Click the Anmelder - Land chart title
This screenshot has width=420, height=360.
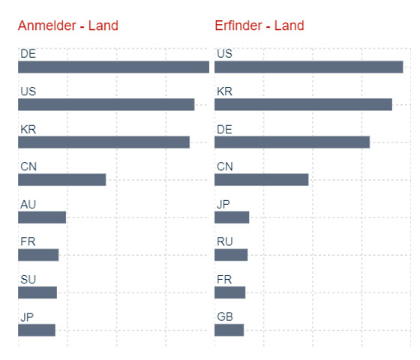click(68, 25)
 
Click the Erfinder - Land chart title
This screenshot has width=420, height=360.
click(259, 25)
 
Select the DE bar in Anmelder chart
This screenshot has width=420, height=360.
click(113, 67)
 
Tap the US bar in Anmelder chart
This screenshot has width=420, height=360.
click(106, 104)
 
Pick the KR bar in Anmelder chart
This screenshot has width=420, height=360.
click(104, 142)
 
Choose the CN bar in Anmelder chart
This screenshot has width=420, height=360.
click(61, 180)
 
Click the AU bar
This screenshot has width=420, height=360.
click(42, 217)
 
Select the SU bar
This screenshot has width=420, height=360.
click(37, 292)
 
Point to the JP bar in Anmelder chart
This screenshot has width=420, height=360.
click(37, 330)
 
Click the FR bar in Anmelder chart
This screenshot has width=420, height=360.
click(38, 255)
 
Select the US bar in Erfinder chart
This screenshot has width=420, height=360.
click(309, 67)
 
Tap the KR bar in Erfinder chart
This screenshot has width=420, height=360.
click(304, 104)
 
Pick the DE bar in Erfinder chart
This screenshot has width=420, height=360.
click(292, 142)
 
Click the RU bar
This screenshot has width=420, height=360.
click(231, 255)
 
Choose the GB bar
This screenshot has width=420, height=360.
click(229, 330)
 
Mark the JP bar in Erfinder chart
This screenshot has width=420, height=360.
click(232, 217)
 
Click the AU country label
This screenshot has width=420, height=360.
click(28, 204)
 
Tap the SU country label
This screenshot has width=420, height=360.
click(28, 280)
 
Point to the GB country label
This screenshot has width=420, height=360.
click(225, 316)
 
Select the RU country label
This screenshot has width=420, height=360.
click(225, 241)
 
